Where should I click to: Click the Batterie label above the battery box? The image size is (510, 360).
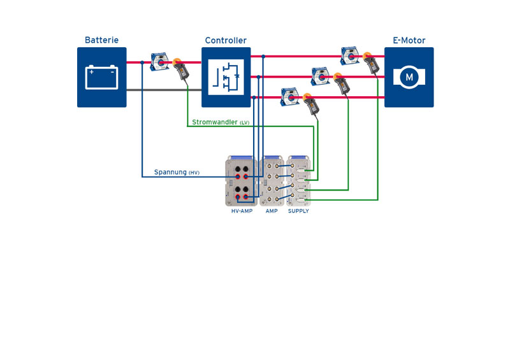(x=101, y=40)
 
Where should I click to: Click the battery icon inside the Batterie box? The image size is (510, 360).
(x=101, y=78)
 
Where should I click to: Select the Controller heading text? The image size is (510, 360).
(x=226, y=40)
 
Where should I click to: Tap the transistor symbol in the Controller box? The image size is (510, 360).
(x=226, y=78)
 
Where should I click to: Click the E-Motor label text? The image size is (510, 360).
(x=409, y=40)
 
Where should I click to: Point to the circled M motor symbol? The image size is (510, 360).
(x=409, y=78)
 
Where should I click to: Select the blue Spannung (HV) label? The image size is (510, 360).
(x=177, y=172)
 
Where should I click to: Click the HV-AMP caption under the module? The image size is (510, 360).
(x=242, y=211)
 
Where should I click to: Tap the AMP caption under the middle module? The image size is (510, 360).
(x=272, y=211)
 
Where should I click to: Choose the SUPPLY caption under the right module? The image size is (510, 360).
(x=298, y=211)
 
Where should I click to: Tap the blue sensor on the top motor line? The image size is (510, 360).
(x=350, y=56)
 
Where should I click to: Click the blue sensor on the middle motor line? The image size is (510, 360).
(x=321, y=76)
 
